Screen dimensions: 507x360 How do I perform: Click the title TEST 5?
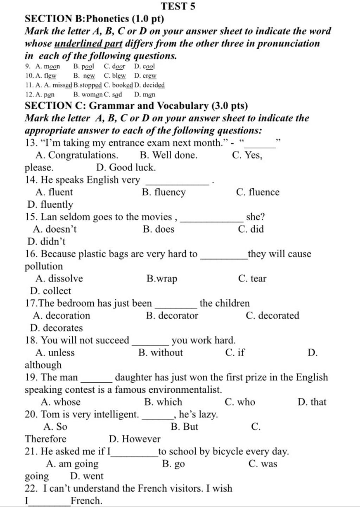coord(178,6)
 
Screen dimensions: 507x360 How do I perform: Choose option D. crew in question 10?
coord(145,76)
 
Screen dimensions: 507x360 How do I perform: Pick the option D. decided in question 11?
coord(149,85)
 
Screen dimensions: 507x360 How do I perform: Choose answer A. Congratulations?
coord(77,155)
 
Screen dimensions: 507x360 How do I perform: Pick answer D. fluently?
coord(50,204)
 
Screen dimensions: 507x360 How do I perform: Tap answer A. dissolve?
coord(59,279)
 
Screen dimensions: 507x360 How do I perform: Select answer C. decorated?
coord(272,316)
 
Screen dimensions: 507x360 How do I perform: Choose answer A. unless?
coord(55,352)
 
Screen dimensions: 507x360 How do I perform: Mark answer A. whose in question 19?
coord(60,402)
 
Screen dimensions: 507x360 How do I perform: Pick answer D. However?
coord(135,439)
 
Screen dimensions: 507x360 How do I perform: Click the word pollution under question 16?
coord(44,266)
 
